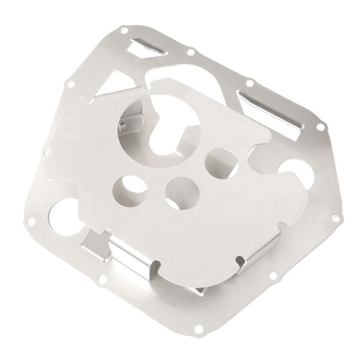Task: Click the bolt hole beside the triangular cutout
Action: click(x=71, y=84)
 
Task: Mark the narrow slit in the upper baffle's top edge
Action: click(x=147, y=83)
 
